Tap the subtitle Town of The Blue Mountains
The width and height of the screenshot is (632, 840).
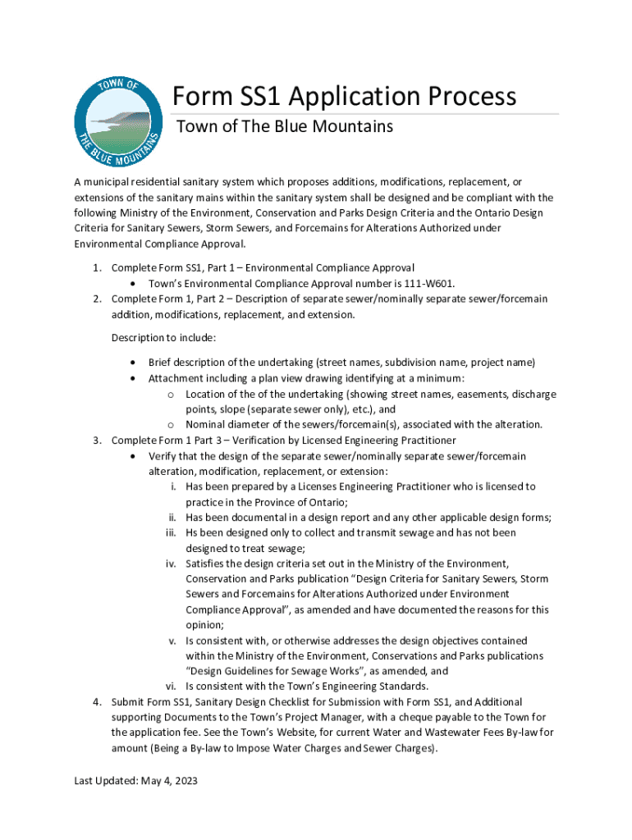click(x=285, y=126)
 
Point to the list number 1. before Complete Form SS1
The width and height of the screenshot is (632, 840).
click(x=96, y=267)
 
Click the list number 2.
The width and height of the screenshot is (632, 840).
click(x=96, y=299)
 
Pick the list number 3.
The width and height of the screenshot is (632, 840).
click(x=96, y=440)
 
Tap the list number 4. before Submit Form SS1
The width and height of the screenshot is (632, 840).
click(x=96, y=702)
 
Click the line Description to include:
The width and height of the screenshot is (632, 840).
click(x=163, y=337)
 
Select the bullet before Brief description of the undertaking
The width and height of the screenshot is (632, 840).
click(x=134, y=363)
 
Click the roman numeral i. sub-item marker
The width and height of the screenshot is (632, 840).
click(x=174, y=486)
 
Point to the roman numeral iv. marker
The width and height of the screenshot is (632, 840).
click(x=172, y=564)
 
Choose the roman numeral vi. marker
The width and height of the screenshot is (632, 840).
click(x=172, y=687)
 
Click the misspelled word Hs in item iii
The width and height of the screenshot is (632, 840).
click(x=192, y=532)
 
